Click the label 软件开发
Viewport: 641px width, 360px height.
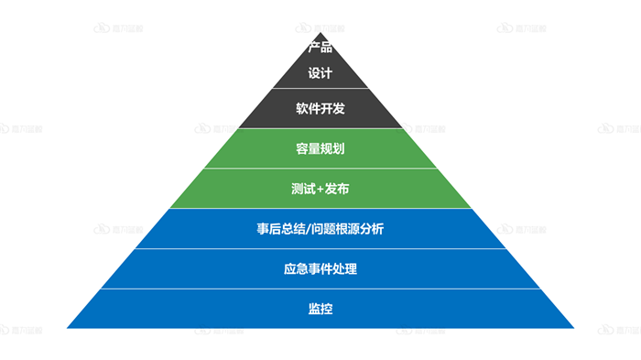320,108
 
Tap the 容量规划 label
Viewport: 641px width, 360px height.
320,147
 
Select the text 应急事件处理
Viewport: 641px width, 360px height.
320,269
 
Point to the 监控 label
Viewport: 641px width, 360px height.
320,309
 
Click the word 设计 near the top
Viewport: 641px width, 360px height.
320,73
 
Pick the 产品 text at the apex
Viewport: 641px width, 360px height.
320,48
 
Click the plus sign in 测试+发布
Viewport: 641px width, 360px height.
320,189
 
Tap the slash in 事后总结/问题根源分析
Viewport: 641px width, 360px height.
308,229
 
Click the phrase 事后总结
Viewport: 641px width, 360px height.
280,229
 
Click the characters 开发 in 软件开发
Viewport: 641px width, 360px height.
332,108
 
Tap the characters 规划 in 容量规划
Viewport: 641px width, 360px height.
332,147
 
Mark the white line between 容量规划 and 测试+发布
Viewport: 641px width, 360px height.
320,169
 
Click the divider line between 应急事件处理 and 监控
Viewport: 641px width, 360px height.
320,289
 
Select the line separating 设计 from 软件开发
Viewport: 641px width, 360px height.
320,89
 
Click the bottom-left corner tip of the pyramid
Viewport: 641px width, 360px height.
68,327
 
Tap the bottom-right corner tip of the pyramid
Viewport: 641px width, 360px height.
573,327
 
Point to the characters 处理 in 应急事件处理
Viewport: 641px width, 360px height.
344,269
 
